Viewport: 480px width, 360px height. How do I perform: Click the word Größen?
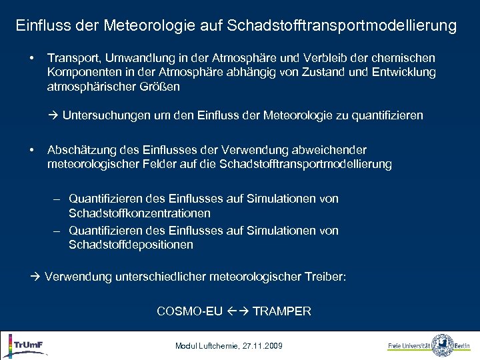click(x=162, y=86)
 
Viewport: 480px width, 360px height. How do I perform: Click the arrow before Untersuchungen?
click(x=53, y=115)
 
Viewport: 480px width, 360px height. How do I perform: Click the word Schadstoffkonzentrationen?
click(x=139, y=213)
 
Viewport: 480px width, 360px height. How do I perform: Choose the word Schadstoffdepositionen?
click(x=131, y=245)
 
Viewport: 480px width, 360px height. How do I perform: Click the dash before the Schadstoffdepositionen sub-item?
click(x=57, y=231)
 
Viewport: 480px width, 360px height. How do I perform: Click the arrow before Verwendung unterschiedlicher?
click(x=35, y=276)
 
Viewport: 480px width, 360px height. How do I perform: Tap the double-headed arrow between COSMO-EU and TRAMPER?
click(x=237, y=311)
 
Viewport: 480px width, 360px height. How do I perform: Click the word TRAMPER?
click(x=282, y=311)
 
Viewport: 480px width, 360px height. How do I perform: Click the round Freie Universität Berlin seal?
click(x=442, y=345)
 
